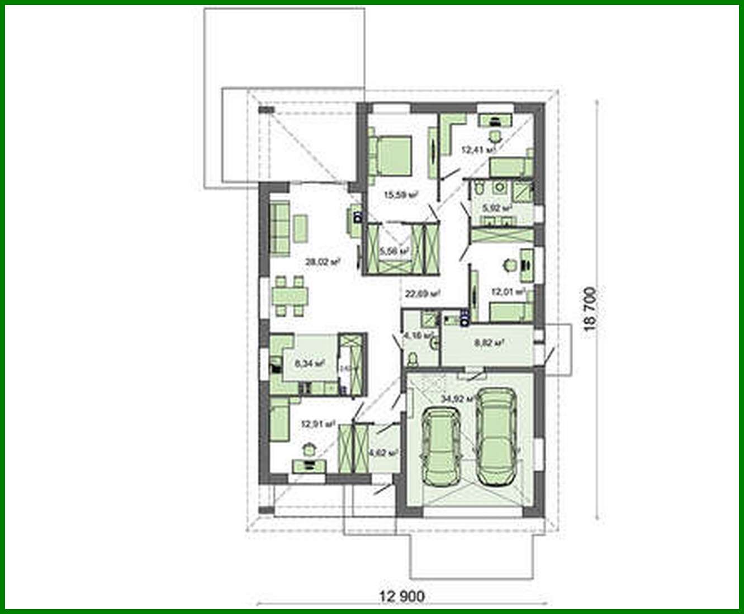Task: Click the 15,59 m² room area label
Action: (x=401, y=195)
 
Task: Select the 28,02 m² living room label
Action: (x=323, y=261)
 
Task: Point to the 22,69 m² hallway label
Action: (x=421, y=292)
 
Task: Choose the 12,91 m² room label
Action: (x=318, y=424)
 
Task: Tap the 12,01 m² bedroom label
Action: (x=508, y=291)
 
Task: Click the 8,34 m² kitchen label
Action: (x=310, y=363)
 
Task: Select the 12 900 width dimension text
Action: (x=401, y=596)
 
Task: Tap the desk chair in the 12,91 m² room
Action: (x=308, y=448)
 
